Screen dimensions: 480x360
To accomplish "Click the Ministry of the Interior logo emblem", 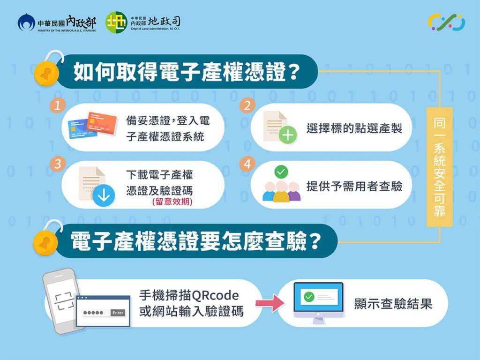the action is (x=26, y=22).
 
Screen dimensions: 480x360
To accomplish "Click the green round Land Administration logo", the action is (x=116, y=22).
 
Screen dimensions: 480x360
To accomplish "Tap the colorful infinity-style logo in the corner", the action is (x=447, y=22).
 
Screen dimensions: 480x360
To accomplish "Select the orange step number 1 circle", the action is (x=58, y=105).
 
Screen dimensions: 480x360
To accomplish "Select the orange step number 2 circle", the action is (x=247, y=105).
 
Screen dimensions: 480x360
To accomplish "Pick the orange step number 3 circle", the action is (x=58, y=164).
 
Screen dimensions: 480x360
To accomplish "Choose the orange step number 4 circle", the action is (x=247, y=164).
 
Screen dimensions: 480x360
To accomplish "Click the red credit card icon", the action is (x=102, y=124).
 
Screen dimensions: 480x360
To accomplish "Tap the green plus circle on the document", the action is (x=288, y=135).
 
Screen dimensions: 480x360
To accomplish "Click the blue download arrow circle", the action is (x=104, y=195).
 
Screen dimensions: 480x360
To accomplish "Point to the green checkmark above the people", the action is (x=281, y=172).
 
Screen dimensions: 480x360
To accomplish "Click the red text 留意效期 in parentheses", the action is (x=172, y=202).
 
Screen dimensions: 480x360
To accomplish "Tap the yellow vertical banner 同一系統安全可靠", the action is (x=440, y=167).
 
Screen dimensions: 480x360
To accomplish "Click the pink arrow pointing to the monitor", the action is (x=270, y=303).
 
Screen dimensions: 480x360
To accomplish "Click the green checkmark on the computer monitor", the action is (x=309, y=297).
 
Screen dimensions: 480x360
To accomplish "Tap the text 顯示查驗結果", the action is (x=393, y=304).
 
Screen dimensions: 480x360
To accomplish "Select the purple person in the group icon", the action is (x=294, y=192).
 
